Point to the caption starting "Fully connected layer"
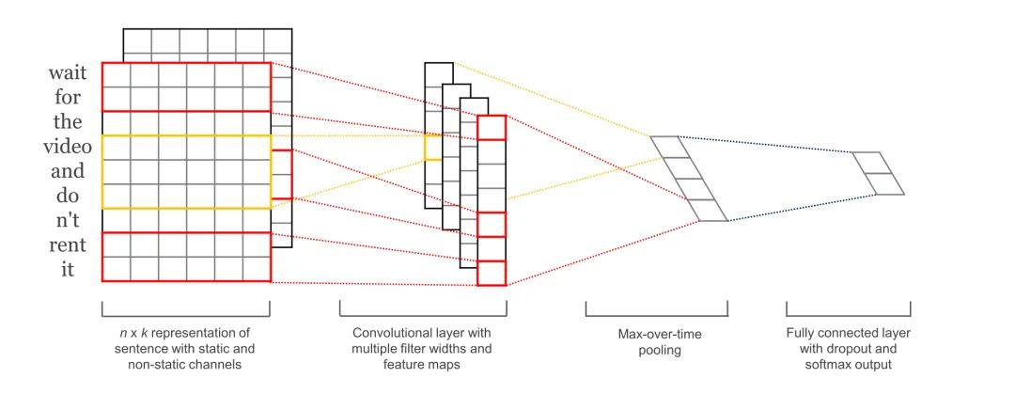tap(848, 348)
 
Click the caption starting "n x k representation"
tap(185, 348)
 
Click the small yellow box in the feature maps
tap(432, 148)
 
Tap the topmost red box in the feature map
tap(492, 128)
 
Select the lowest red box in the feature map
tap(492, 273)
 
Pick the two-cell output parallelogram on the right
tap(878, 173)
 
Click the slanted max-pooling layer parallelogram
tap(689, 179)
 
